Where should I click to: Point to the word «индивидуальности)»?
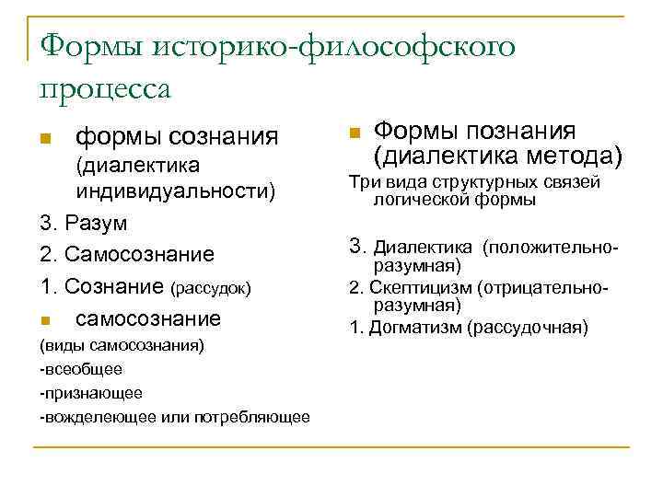click(x=176, y=191)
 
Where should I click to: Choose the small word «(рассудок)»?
click(x=211, y=288)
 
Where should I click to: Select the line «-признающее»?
click(x=90, y=392)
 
